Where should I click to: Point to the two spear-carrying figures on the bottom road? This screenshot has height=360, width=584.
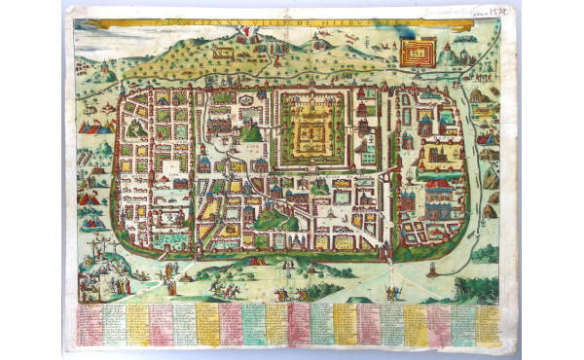tap(393, 292)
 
